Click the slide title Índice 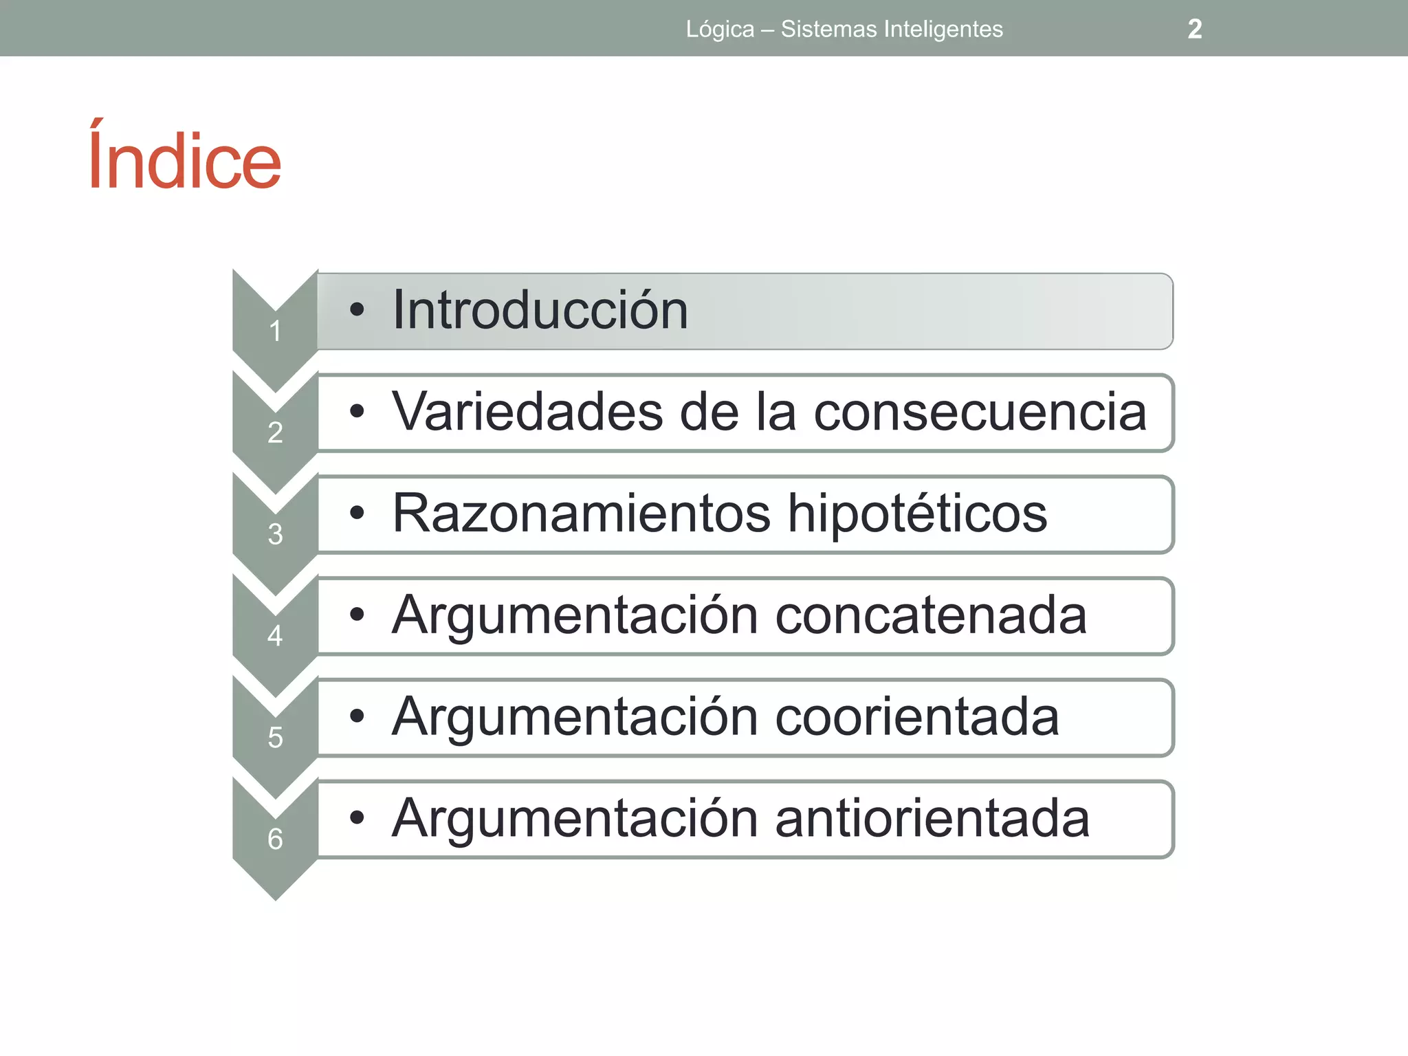pos(184,159)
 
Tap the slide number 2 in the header pos(1195,29)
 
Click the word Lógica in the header pos(720,30)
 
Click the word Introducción pos(540,311)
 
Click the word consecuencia pos(980,412)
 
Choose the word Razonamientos pos(581,514)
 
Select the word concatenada pos(931,615)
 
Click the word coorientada pos(917,717)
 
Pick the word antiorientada pos(932,818)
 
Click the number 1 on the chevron pos(275,331)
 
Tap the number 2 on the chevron pos(275,432)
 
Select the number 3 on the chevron pos(275,534)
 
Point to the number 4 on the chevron pos(275,636)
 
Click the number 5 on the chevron pos(275,738)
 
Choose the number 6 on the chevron pos(275,839)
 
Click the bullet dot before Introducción pos(356,310)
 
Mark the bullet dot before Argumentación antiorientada pos(356,818)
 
